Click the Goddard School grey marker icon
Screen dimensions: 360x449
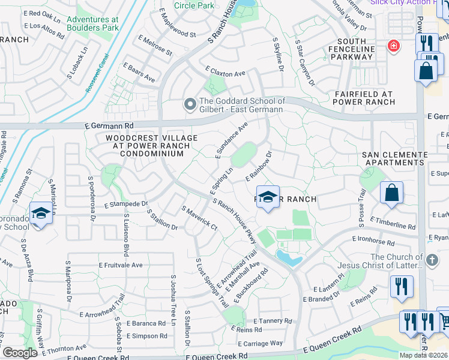pyautogui.click(x=190, y=105)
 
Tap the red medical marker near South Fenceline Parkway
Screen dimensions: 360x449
pyautogui.click(x=394, y=46)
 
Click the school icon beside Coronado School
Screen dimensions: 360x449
pyautogui.click(x=41, y=214)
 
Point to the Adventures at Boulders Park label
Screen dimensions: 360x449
pyautogui.click(x=92, y=23)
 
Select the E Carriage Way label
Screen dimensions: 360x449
pyautogui.click(x=260, y=343)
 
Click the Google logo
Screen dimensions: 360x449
pyautogui.click(x=20, y=353)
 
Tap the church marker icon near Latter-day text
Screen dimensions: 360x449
pyautogui.click(x=432, y=260)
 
